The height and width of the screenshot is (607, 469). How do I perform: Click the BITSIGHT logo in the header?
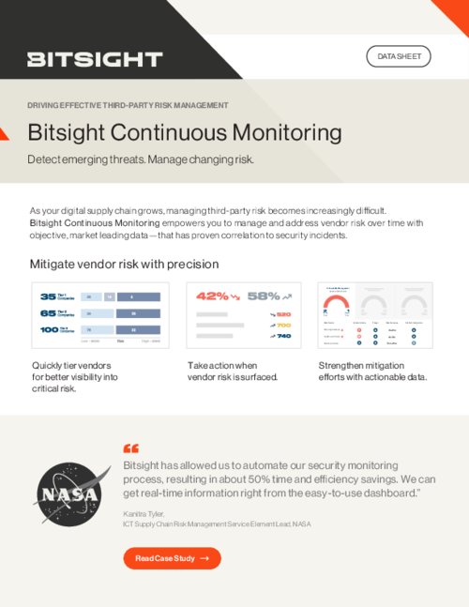(95, 59)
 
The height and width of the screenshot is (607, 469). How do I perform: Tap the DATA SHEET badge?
(398, 56)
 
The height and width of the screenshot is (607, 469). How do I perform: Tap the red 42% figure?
(211, 296)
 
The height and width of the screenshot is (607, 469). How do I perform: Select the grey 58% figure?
(264, 296)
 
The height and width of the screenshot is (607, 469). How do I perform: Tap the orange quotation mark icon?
(130, 448)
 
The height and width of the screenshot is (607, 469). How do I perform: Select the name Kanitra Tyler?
(144, 514)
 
